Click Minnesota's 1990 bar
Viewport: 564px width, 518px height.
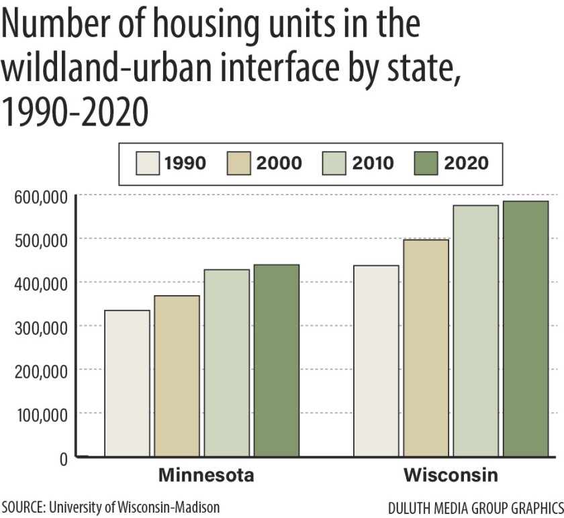128,383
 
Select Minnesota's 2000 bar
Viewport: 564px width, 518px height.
177,376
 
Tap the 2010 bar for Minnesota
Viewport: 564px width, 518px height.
227,363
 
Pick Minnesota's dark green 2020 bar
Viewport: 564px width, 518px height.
277,360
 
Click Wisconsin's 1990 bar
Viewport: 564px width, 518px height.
377,361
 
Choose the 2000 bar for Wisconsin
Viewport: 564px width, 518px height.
426,348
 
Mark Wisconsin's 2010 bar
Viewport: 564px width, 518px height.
476,331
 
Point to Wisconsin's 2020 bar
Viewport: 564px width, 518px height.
526,329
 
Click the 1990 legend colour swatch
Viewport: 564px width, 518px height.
148,163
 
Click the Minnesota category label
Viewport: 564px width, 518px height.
206,476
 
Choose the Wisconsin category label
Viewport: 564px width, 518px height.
451,476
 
